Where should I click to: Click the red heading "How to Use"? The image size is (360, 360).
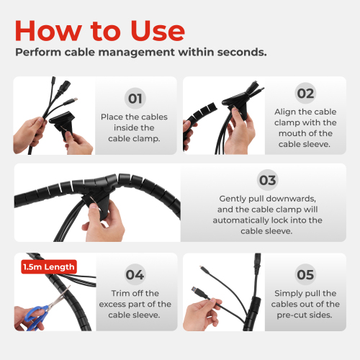(100, 31)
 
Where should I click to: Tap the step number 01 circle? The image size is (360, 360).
(135, 98)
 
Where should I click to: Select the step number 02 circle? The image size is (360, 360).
(305, 93)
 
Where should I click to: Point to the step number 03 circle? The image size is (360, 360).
(268, 180)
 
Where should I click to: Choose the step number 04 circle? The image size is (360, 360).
(135, 274)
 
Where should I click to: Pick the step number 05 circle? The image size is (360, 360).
(305, 274)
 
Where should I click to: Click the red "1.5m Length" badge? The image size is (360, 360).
(49, 267)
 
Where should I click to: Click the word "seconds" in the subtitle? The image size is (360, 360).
(242, 53)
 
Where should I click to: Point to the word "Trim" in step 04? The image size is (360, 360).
(120, 293)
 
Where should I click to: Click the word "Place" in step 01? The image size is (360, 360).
(112, 117)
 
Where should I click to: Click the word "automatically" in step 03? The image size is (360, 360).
(240, 220)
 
